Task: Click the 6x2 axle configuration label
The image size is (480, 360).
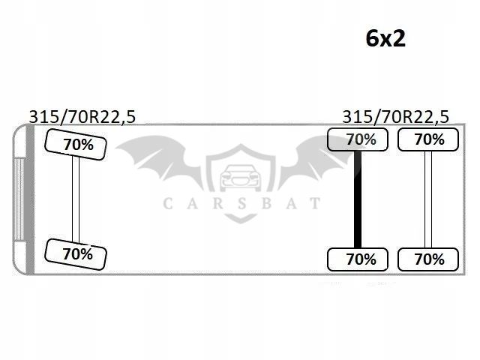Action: pos(385,39)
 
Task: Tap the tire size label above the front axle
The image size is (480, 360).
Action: pos(82,117)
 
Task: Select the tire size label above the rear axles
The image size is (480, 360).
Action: pos(395,117)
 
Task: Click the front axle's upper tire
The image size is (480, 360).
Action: pos(76,145)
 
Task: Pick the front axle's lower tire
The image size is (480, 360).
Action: pos(76,254)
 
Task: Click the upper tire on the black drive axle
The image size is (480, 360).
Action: pos(358,139)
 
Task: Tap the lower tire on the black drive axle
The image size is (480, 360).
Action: pos(358,259)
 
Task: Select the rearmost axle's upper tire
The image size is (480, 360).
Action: pos(428,139)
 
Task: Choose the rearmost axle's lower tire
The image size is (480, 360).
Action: pos(428,259)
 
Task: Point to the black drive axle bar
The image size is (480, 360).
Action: pos(358,199)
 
